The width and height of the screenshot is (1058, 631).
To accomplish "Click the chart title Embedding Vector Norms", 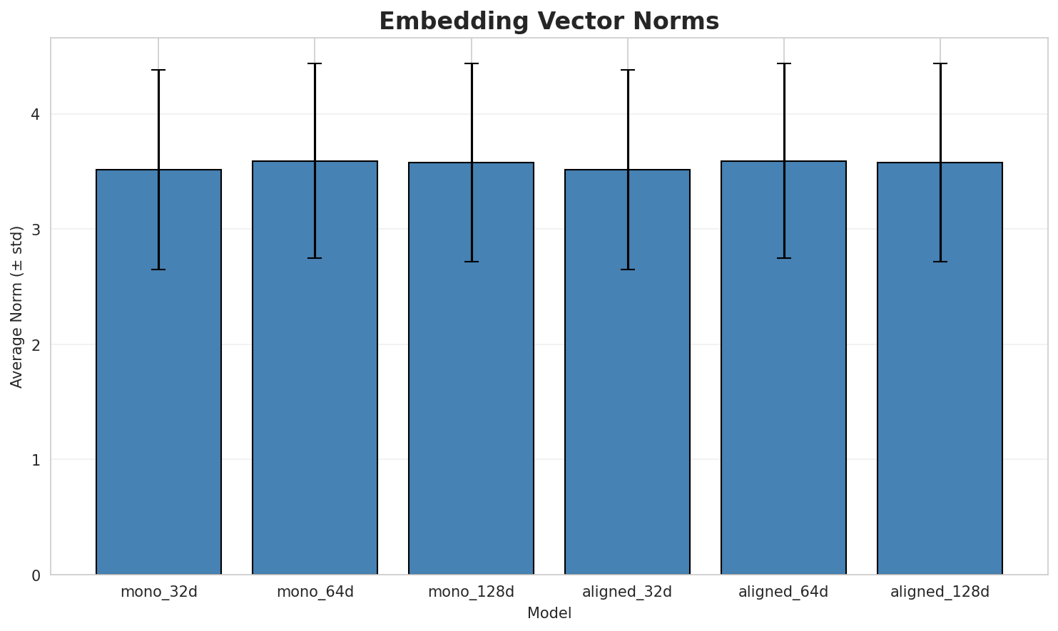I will point(549,21).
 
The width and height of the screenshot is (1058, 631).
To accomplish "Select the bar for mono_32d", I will point(158,371).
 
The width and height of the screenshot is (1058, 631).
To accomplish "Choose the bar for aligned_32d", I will point(627,371).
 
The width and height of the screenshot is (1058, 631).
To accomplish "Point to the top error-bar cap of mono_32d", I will point(158,70).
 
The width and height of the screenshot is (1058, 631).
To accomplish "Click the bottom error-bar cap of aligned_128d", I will point(940,262).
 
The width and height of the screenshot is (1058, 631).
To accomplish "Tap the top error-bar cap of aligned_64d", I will point(783,63).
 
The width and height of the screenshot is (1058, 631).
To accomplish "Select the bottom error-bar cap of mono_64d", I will point(315,258).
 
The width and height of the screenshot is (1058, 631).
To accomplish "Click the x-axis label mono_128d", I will point(471,592).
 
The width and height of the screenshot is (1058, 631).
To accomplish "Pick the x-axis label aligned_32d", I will point(627,592).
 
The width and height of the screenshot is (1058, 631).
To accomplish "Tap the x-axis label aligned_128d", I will point(940,592).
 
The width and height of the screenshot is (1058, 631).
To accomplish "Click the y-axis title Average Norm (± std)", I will point(17,307).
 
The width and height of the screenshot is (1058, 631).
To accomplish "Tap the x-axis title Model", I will point(549,613).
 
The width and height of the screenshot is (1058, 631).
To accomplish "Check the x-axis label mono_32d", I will point(158,592).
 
